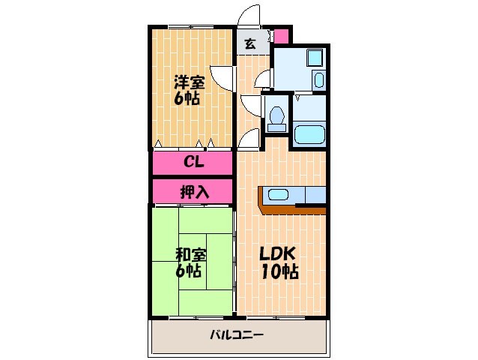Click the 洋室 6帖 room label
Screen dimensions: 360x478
tap(188, 89)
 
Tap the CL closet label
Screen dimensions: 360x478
tap(195, 162)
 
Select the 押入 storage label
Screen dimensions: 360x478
tap(194, 191)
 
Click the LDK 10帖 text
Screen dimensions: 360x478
tap(279, 262)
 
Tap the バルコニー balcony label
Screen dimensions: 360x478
tap(236, 334)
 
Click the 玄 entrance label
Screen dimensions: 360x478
tap(249, 44)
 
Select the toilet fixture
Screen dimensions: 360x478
tap(276, 117)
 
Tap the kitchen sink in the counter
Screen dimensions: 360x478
tap(279, 195)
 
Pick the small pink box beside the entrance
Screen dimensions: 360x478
tap(280, 36)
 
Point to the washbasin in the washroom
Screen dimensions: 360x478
tap(318, 80)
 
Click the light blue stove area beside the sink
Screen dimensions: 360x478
tap(315, 194)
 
